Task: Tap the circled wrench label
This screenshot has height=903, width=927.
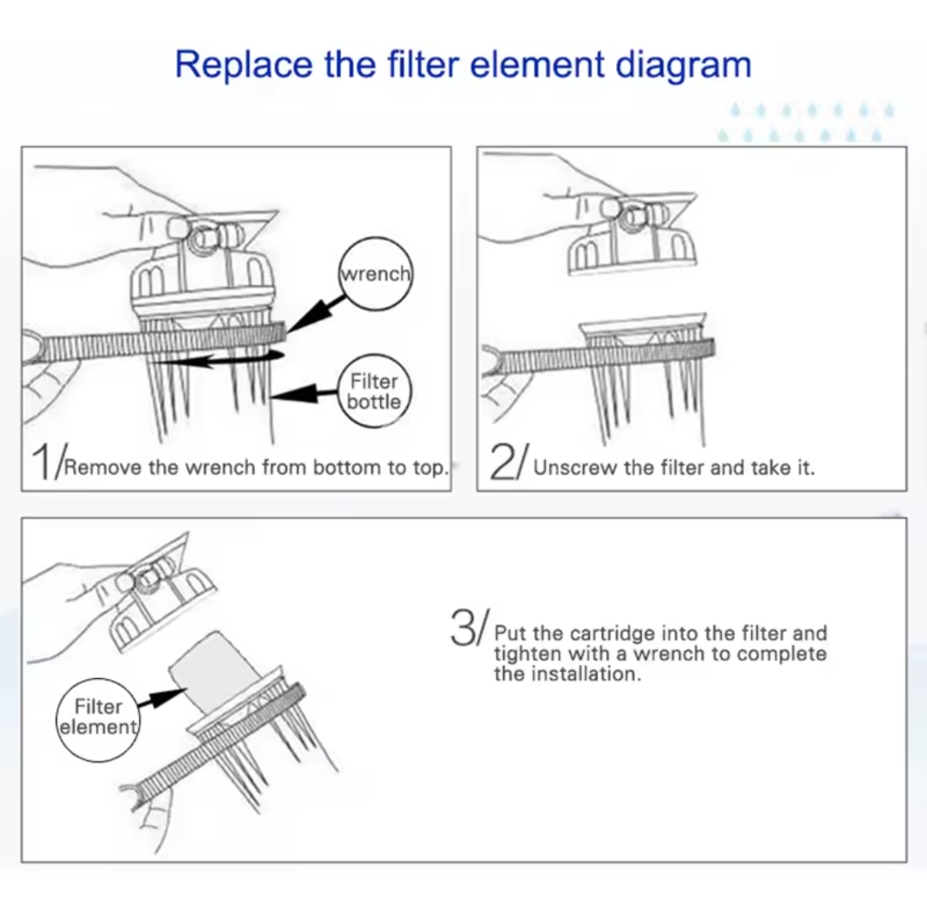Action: point(376,274)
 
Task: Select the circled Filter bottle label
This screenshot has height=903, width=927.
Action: point(373,391)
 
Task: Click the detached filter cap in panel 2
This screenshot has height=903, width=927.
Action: point(630,236)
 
